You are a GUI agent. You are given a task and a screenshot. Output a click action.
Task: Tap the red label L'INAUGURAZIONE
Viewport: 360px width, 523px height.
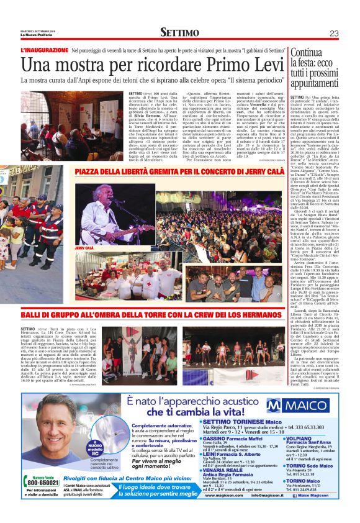(x=43, y=50)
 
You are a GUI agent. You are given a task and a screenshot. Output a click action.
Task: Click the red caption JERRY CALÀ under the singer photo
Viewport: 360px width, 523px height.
(x=85, y=248)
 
